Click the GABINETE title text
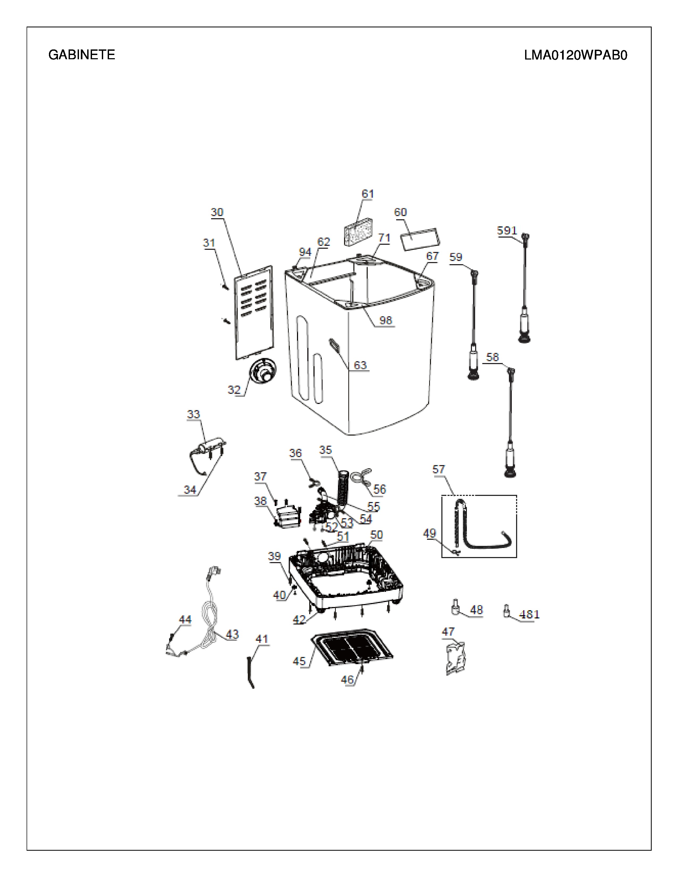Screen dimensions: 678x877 (82, 54)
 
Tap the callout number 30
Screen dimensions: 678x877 (217, 212)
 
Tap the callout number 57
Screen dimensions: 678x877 (439, 469)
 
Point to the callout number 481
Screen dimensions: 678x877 (529, 614)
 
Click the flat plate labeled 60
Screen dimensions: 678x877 (420, 239)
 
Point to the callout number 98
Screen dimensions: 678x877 (386, 320)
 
